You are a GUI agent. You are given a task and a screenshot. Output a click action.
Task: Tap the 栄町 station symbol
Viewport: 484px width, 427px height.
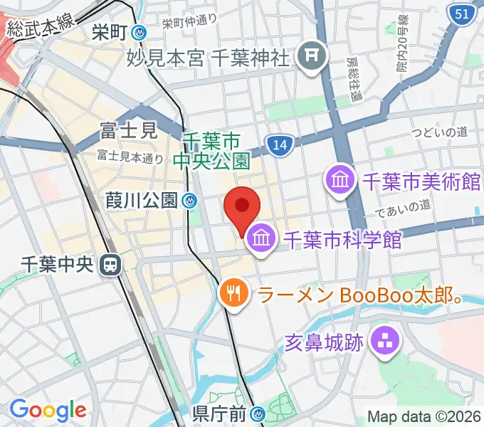click(140, 32)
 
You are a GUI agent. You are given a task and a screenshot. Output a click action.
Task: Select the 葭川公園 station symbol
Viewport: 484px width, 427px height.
click(189, 201)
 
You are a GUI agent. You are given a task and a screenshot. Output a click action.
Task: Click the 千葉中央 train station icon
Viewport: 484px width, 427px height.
click(110, 265)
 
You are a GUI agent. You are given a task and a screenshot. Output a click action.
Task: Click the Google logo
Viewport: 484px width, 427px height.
click(48, 409)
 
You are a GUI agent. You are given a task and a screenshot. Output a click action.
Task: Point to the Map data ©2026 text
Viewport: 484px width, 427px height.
click(424, 417)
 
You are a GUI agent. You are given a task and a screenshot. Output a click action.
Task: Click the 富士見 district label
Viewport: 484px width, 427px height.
click(128, 131)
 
